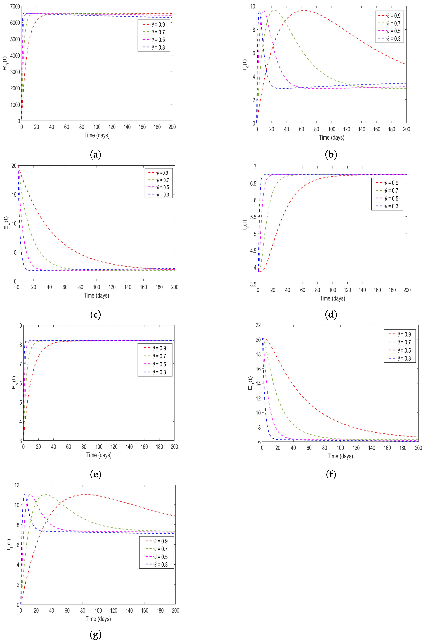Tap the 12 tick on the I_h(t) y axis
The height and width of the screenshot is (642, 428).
17,485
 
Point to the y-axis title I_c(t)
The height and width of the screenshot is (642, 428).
245,64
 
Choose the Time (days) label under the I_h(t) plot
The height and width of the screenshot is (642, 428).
98,619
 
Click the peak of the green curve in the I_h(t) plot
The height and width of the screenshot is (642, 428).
45,494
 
